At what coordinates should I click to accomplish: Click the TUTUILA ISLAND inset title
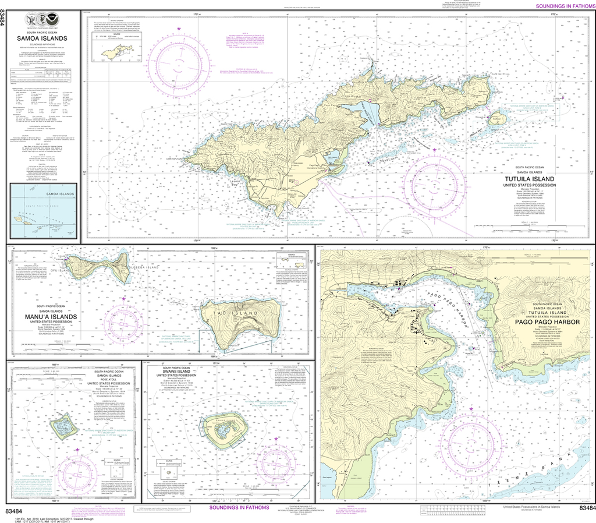tap(529, 179)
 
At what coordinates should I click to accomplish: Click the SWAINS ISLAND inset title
tap(179, 372)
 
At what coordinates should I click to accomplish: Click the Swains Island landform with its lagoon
tap(222, 429)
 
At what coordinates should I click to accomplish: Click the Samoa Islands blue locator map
tap(42, 213)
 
